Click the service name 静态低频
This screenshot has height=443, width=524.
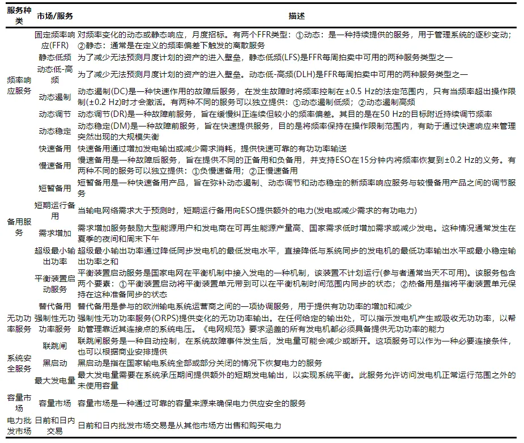pyautogui.click(x=54, y=58)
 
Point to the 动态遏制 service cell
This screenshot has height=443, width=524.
pyautogui.click(x=54, y=97)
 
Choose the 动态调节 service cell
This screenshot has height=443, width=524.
pyautogui.click(x=54, y=114)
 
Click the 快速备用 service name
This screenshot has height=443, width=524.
pyautogui.click(x=54, y=149)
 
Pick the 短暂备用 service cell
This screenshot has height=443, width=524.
pyautogui.click(x=54, y=188)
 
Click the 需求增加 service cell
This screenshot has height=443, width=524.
pyautogui.click(x=54, y=233)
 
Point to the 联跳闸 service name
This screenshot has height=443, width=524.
pyautogui.click(x=54, y=345)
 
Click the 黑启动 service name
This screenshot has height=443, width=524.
pyautogui.click(x=54, y=363)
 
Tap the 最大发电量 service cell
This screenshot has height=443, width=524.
pyautogui.click(x=54, y=380)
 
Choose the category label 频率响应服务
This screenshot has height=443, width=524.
pyautogui.click(x=19, y=86)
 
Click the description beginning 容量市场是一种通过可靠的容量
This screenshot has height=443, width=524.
pyautogui.click(x=191, y=403)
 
